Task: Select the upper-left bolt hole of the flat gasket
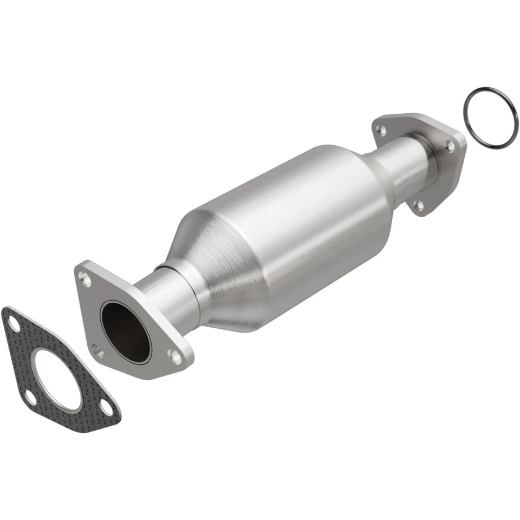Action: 13,326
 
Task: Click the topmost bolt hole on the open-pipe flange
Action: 84,279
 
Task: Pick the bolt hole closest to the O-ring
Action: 448,145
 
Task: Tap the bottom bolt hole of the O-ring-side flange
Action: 418,205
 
